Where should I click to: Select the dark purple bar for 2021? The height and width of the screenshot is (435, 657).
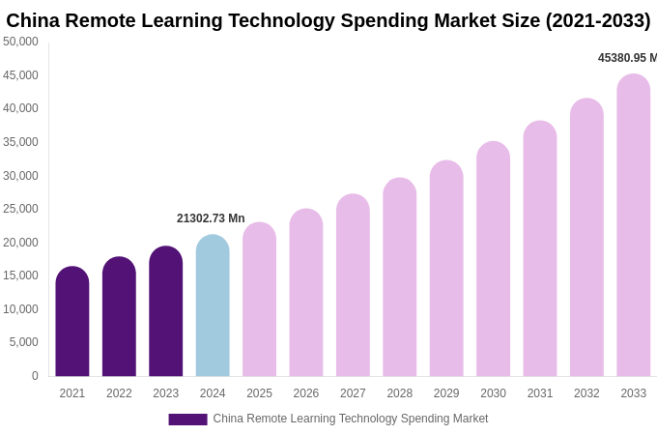[x=72, y=322]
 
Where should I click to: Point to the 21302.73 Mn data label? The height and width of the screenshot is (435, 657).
[x=211, y=218]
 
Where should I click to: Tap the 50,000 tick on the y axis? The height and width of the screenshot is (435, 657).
[x=20, y=42]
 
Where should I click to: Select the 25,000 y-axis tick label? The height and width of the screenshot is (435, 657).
[x=20, y=209]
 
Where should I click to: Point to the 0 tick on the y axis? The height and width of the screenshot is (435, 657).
[x=35, y=376]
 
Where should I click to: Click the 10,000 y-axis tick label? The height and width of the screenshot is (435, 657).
[x=20, y=309]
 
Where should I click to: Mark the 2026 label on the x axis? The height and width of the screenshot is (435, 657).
[x=306, y=393]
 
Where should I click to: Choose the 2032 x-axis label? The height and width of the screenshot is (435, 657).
[x=586, y=393]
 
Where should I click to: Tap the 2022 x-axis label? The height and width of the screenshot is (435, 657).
[x=119, y=393]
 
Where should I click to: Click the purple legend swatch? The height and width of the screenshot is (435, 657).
[x=187, y=420]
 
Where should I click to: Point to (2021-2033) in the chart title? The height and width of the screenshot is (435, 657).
[x=598, y=20]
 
